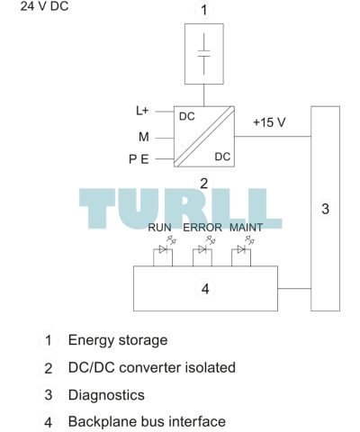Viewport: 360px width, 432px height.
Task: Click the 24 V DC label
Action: [44, 6]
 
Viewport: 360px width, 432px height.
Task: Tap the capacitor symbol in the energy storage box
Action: [204, 54]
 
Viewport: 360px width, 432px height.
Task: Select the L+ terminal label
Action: [142, 111]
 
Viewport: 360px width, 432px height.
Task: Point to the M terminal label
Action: [144, 137]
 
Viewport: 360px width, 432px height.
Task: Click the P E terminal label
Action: [139, 159]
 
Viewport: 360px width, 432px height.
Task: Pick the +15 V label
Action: [269, 122]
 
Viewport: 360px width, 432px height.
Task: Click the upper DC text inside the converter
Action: [187, 116]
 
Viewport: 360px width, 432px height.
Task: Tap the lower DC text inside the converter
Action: [222, 157]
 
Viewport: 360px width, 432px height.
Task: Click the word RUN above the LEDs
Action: [159, 228]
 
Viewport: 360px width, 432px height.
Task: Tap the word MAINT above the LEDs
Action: [246, 228]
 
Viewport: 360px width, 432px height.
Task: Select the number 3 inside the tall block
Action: [325, 209]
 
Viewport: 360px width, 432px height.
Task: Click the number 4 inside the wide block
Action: [205, 289]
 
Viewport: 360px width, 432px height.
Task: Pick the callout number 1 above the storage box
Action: [204, 10]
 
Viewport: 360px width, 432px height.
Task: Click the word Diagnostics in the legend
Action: [106, 395]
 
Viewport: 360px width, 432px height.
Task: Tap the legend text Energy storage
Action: [118, 340]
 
